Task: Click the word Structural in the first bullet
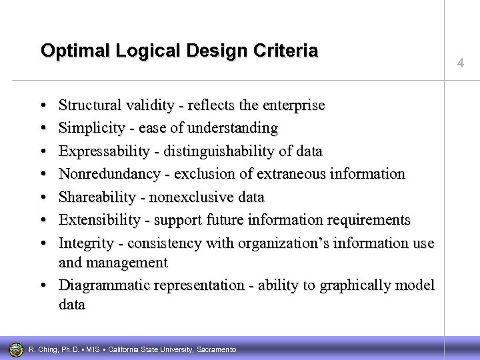tap(87, 105)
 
